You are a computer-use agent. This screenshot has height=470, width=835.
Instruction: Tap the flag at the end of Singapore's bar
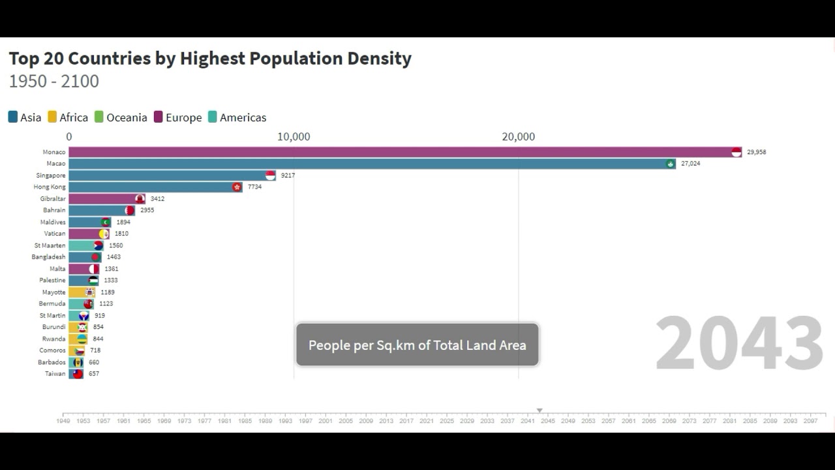[270, 176]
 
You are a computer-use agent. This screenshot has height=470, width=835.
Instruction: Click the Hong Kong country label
[50, 187]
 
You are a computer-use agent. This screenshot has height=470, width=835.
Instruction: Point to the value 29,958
[756, 152]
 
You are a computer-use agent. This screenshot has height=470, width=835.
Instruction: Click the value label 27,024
[690, 164]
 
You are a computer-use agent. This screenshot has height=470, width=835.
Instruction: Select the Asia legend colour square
[13, 117]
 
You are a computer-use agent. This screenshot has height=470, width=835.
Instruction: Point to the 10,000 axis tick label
[294, 137]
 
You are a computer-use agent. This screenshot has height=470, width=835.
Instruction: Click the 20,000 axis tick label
[518, 137]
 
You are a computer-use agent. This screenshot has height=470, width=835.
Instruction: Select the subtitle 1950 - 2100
[54, 82]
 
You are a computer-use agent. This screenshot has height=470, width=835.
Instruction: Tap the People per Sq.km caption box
[417, 345]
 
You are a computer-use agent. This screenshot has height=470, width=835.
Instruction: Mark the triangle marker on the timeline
[539, 411]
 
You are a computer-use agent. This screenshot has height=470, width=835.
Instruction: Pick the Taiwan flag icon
[78, 374]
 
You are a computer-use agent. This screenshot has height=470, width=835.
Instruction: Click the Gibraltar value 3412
[157, 199]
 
